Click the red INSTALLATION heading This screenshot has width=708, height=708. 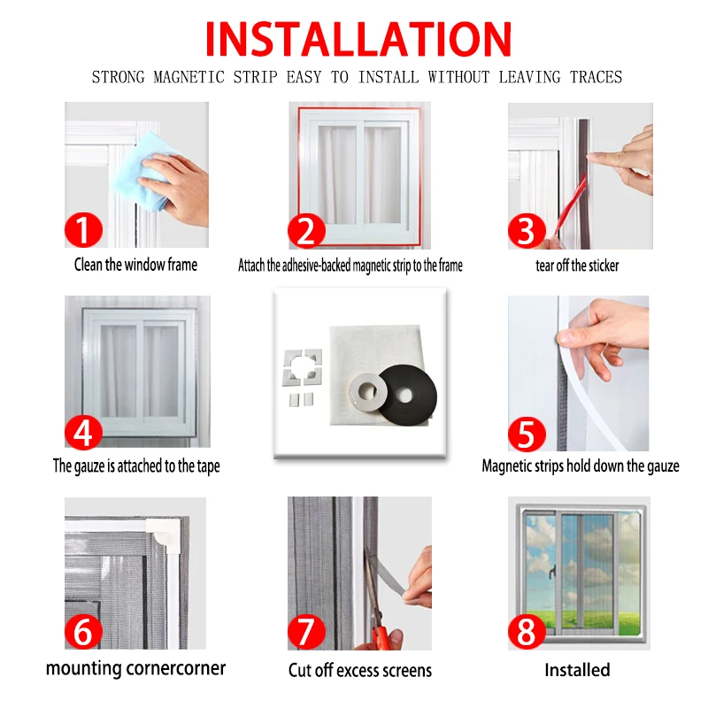[x=358, y=39]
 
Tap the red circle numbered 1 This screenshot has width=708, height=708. [x=83, y=229]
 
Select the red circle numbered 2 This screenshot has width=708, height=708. [x=306, y=231]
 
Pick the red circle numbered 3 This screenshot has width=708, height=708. [x=527, y=230]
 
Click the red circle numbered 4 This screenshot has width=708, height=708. [x=83, y=432]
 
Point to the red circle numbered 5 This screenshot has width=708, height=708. [x=527, y=434]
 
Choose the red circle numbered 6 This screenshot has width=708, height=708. [x=83, y=631]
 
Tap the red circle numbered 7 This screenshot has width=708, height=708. [x=306, y=631]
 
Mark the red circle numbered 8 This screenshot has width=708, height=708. [x=527, y=632]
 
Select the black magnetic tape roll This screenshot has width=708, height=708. [x=406, y=394]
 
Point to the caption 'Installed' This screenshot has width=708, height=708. [x=577, y=670]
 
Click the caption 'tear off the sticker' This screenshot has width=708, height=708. [x=577, y=265]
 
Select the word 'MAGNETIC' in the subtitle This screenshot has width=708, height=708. [x=189, y=77]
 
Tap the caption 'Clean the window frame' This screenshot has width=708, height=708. [x=135, y=265]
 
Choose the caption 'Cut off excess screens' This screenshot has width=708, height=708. [x=360, y=670]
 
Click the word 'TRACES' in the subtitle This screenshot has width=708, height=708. [x=596, y=77]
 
